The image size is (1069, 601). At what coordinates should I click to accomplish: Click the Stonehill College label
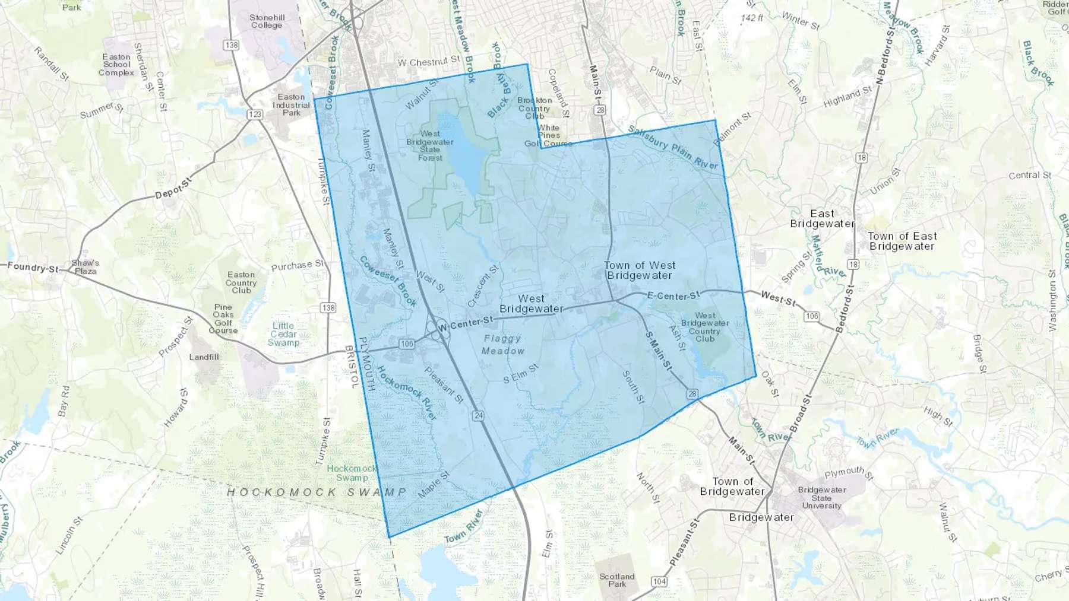(x=267, y=21)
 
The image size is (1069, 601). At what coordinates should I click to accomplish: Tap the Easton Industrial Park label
(x=291, y=104)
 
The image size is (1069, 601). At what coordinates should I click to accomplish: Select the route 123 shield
(x=255, y=114)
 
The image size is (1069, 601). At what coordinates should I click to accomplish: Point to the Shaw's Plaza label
(x=86, y=267)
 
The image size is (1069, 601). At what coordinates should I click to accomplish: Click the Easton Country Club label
(x=241, y=282)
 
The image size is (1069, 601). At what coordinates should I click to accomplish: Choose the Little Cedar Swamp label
(x=283, y=334)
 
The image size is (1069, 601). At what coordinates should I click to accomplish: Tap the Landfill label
(x=204, y=357)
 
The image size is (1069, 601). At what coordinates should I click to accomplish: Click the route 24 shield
(x=479, y=415)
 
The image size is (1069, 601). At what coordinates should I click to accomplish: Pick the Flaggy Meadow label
(x=502, y=345)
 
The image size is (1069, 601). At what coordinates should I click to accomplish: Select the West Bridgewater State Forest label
(x=430, y=146)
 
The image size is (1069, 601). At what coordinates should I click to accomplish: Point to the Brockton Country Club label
(x=534, y=108)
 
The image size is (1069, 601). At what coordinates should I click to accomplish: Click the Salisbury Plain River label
(x=673, y=147)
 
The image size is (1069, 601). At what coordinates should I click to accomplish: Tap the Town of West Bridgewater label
(x=640, y=271)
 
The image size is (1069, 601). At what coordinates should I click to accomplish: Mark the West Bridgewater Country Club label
(x=705, y=327)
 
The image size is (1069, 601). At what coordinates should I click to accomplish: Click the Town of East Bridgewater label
(x=902, y=241)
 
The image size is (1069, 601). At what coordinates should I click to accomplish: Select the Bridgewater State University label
(x=822, y=498)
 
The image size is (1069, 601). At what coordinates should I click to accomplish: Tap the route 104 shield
(x=659, y=581)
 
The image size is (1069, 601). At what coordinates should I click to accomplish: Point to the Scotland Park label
(x=616, y=580)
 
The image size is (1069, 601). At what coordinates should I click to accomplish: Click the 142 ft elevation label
(x=752, y=18)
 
